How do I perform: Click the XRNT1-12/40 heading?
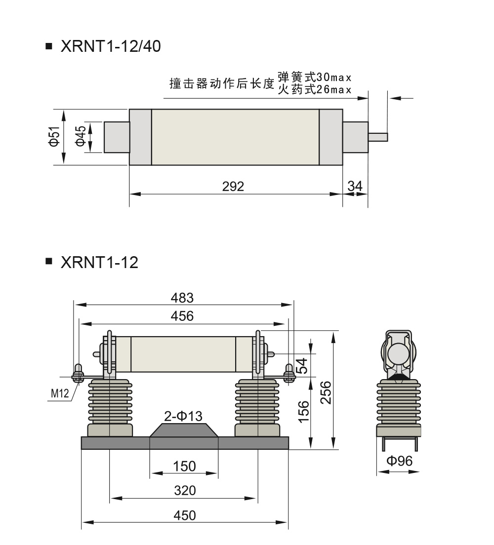111,46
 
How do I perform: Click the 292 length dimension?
233,187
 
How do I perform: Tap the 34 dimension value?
355,186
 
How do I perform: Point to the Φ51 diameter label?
55,137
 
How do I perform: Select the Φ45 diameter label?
81,136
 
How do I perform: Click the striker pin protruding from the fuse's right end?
378,137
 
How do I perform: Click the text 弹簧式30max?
315,77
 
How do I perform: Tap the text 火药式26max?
315,89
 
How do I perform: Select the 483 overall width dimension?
182,298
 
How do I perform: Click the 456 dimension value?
182,316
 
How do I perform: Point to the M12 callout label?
60,393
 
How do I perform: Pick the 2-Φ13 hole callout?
183,416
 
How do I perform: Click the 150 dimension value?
184,466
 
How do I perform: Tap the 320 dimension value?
185,490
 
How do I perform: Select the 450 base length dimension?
185,515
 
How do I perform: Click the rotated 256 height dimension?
326,393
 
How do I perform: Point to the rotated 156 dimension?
304,412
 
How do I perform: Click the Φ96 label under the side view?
400,461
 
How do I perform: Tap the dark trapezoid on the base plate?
184,430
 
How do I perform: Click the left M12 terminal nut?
78,373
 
